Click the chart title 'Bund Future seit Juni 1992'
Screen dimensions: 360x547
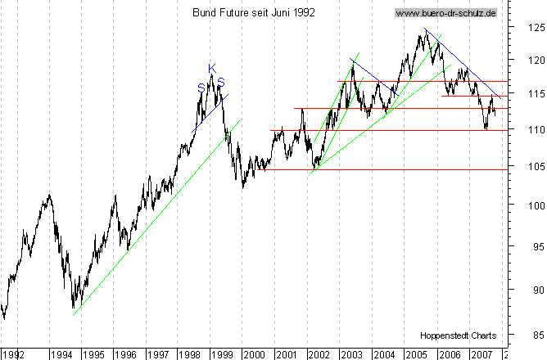tap(253, 13)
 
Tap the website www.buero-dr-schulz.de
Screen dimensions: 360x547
tap(445, 13)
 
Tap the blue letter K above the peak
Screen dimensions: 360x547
tap(211, 68)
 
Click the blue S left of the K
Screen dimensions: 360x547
tap(201, 88)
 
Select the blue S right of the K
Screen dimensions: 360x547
tap(220, 82)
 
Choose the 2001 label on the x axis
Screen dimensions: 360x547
tap(286, 354)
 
